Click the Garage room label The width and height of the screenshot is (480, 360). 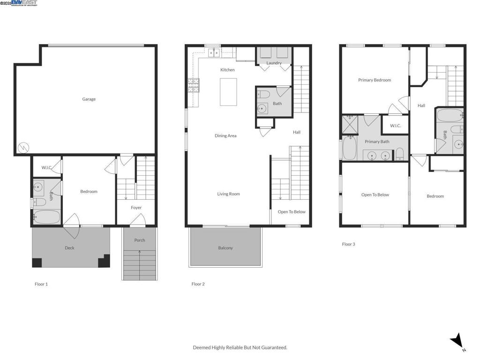(x=89, y=99)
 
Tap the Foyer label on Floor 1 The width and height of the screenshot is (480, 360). (x=136, y=208)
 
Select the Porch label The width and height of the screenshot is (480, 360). (x=140, y=240)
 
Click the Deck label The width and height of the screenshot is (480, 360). (x=69, y=248)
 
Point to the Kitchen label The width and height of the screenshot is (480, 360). (x=227, y=70)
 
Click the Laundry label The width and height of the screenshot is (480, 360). (x=274, y=63)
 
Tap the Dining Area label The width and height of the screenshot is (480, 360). (x=225, y=136)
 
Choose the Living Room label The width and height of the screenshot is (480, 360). (x=228, y=194)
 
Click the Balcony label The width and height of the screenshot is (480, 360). (x=225, y=248)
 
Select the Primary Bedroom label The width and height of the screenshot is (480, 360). (x=375, y=80)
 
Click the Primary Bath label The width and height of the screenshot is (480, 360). (x=377, y=142)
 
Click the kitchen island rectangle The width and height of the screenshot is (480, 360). (x=228, y=92)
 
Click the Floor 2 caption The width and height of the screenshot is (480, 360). (x=198, y=284)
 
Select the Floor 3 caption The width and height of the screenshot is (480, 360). (x=348, y=244)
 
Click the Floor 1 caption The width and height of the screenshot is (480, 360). (x=41, y=284)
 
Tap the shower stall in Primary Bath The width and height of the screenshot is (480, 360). (x=350, y=124)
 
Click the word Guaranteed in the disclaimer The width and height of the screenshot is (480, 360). (x=274, y=348)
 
